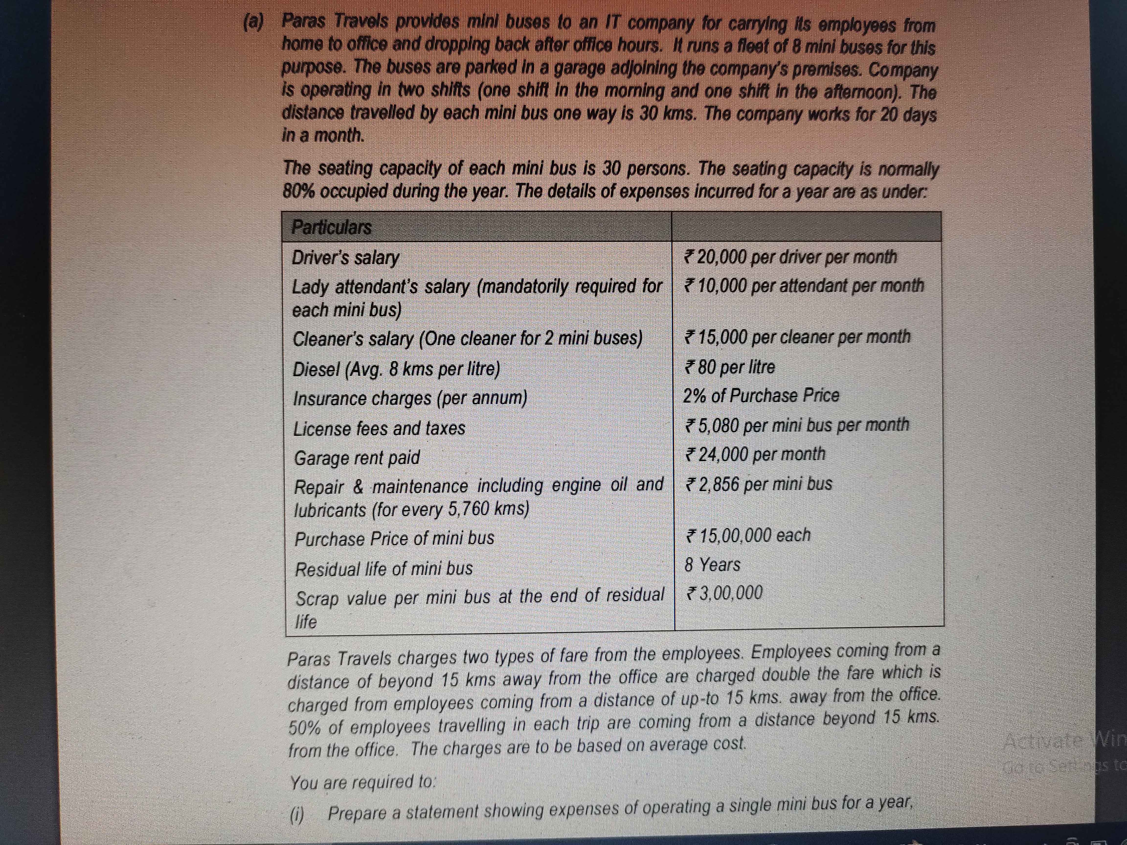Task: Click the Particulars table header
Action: coord(331,227)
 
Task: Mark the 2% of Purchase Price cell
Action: coord(761,395)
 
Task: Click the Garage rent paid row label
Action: coord(357,457)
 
